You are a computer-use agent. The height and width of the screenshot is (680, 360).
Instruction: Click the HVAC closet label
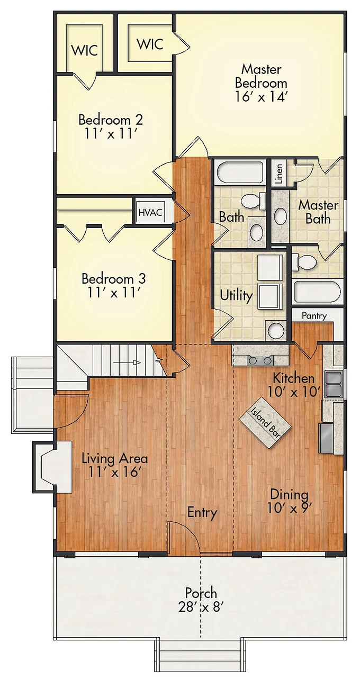150,212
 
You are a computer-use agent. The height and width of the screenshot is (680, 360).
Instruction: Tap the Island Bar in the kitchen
265,422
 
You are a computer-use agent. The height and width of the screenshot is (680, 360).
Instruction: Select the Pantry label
314,316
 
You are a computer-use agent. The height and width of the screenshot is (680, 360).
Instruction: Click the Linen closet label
278,174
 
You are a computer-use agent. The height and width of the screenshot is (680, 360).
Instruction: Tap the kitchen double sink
333,384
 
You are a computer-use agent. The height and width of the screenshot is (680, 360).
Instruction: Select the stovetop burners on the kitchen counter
259,360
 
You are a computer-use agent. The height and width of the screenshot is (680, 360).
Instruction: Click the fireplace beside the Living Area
52,467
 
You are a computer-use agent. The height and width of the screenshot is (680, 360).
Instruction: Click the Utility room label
236,295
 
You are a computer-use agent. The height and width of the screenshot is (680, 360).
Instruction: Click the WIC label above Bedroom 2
85,50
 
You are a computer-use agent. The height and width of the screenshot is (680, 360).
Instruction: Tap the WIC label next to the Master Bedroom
150,44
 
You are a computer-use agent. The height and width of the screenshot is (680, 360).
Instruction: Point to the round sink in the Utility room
276,330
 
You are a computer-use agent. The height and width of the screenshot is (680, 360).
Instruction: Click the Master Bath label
318,212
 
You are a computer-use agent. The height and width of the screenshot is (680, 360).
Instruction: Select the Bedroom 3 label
114,279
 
